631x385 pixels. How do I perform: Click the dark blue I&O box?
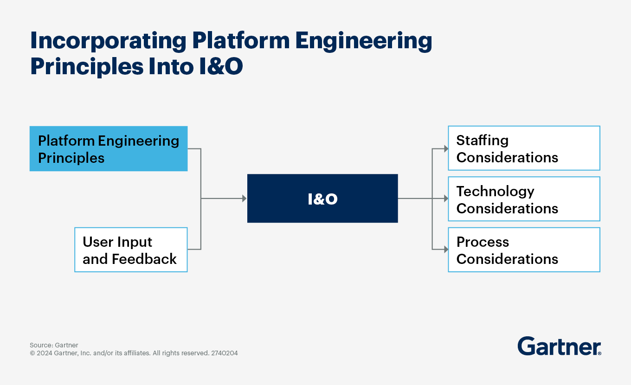click(x=322, y=199)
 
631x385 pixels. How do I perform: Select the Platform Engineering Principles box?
click(x=109, y=149)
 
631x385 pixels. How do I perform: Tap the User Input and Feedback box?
click(x=131, y=250)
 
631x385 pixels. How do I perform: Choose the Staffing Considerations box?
click(x=524, y=148)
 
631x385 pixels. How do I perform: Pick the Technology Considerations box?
click(x=524, y=199)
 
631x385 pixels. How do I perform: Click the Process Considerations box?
click(x=524, y=250)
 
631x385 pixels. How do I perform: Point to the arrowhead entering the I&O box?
click(x=244, y=199)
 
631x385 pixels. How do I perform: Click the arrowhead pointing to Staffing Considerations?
click(x=445, y=149)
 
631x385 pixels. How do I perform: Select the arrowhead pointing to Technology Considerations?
click(x=445, y=199)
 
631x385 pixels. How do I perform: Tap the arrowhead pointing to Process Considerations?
click(x=445, y=250)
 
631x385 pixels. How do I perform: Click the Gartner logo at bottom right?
click(x=559, y=346)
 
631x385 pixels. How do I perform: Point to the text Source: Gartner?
click(x=54, y=345)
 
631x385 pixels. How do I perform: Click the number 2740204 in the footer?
click(x=225, y=353)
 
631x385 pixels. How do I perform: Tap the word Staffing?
click(x=482, y=141)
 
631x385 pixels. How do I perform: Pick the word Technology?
click(x=495, y=191)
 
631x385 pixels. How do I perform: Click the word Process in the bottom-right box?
click(x=483, y=242)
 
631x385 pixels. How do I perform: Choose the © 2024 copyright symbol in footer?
click(x=32, y=353)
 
